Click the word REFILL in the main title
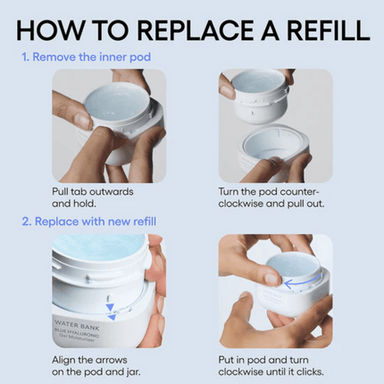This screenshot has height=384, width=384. (329, 30)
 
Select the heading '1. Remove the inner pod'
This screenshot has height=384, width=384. (86, 57)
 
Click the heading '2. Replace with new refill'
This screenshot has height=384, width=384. (89, 221)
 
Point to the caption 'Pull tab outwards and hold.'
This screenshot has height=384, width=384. (93, 197)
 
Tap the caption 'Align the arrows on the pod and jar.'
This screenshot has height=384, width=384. (96, 366)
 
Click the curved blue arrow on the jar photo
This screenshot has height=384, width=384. (302, 282)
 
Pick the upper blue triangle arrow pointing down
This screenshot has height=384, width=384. (110, 307)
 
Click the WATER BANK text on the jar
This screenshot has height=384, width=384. (77, 325)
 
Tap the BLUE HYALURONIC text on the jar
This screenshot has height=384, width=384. (77, 333)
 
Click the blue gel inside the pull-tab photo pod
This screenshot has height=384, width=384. (115, 104)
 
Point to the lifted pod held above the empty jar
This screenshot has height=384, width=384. (260, 96)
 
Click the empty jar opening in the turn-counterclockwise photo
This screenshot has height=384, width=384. (272, 144)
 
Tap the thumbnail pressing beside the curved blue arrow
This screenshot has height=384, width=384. (272, 279)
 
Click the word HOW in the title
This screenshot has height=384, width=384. (50, 30)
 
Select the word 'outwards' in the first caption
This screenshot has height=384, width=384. (111, 191)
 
